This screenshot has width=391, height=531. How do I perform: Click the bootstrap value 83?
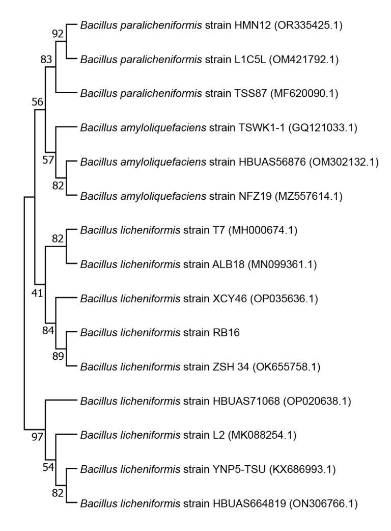click(x=47, y=60)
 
